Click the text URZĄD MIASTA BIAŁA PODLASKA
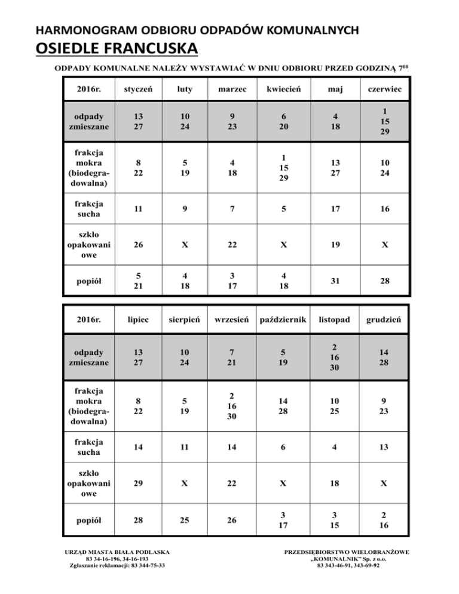pos(118,552)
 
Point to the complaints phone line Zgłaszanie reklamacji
pos(118,565)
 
